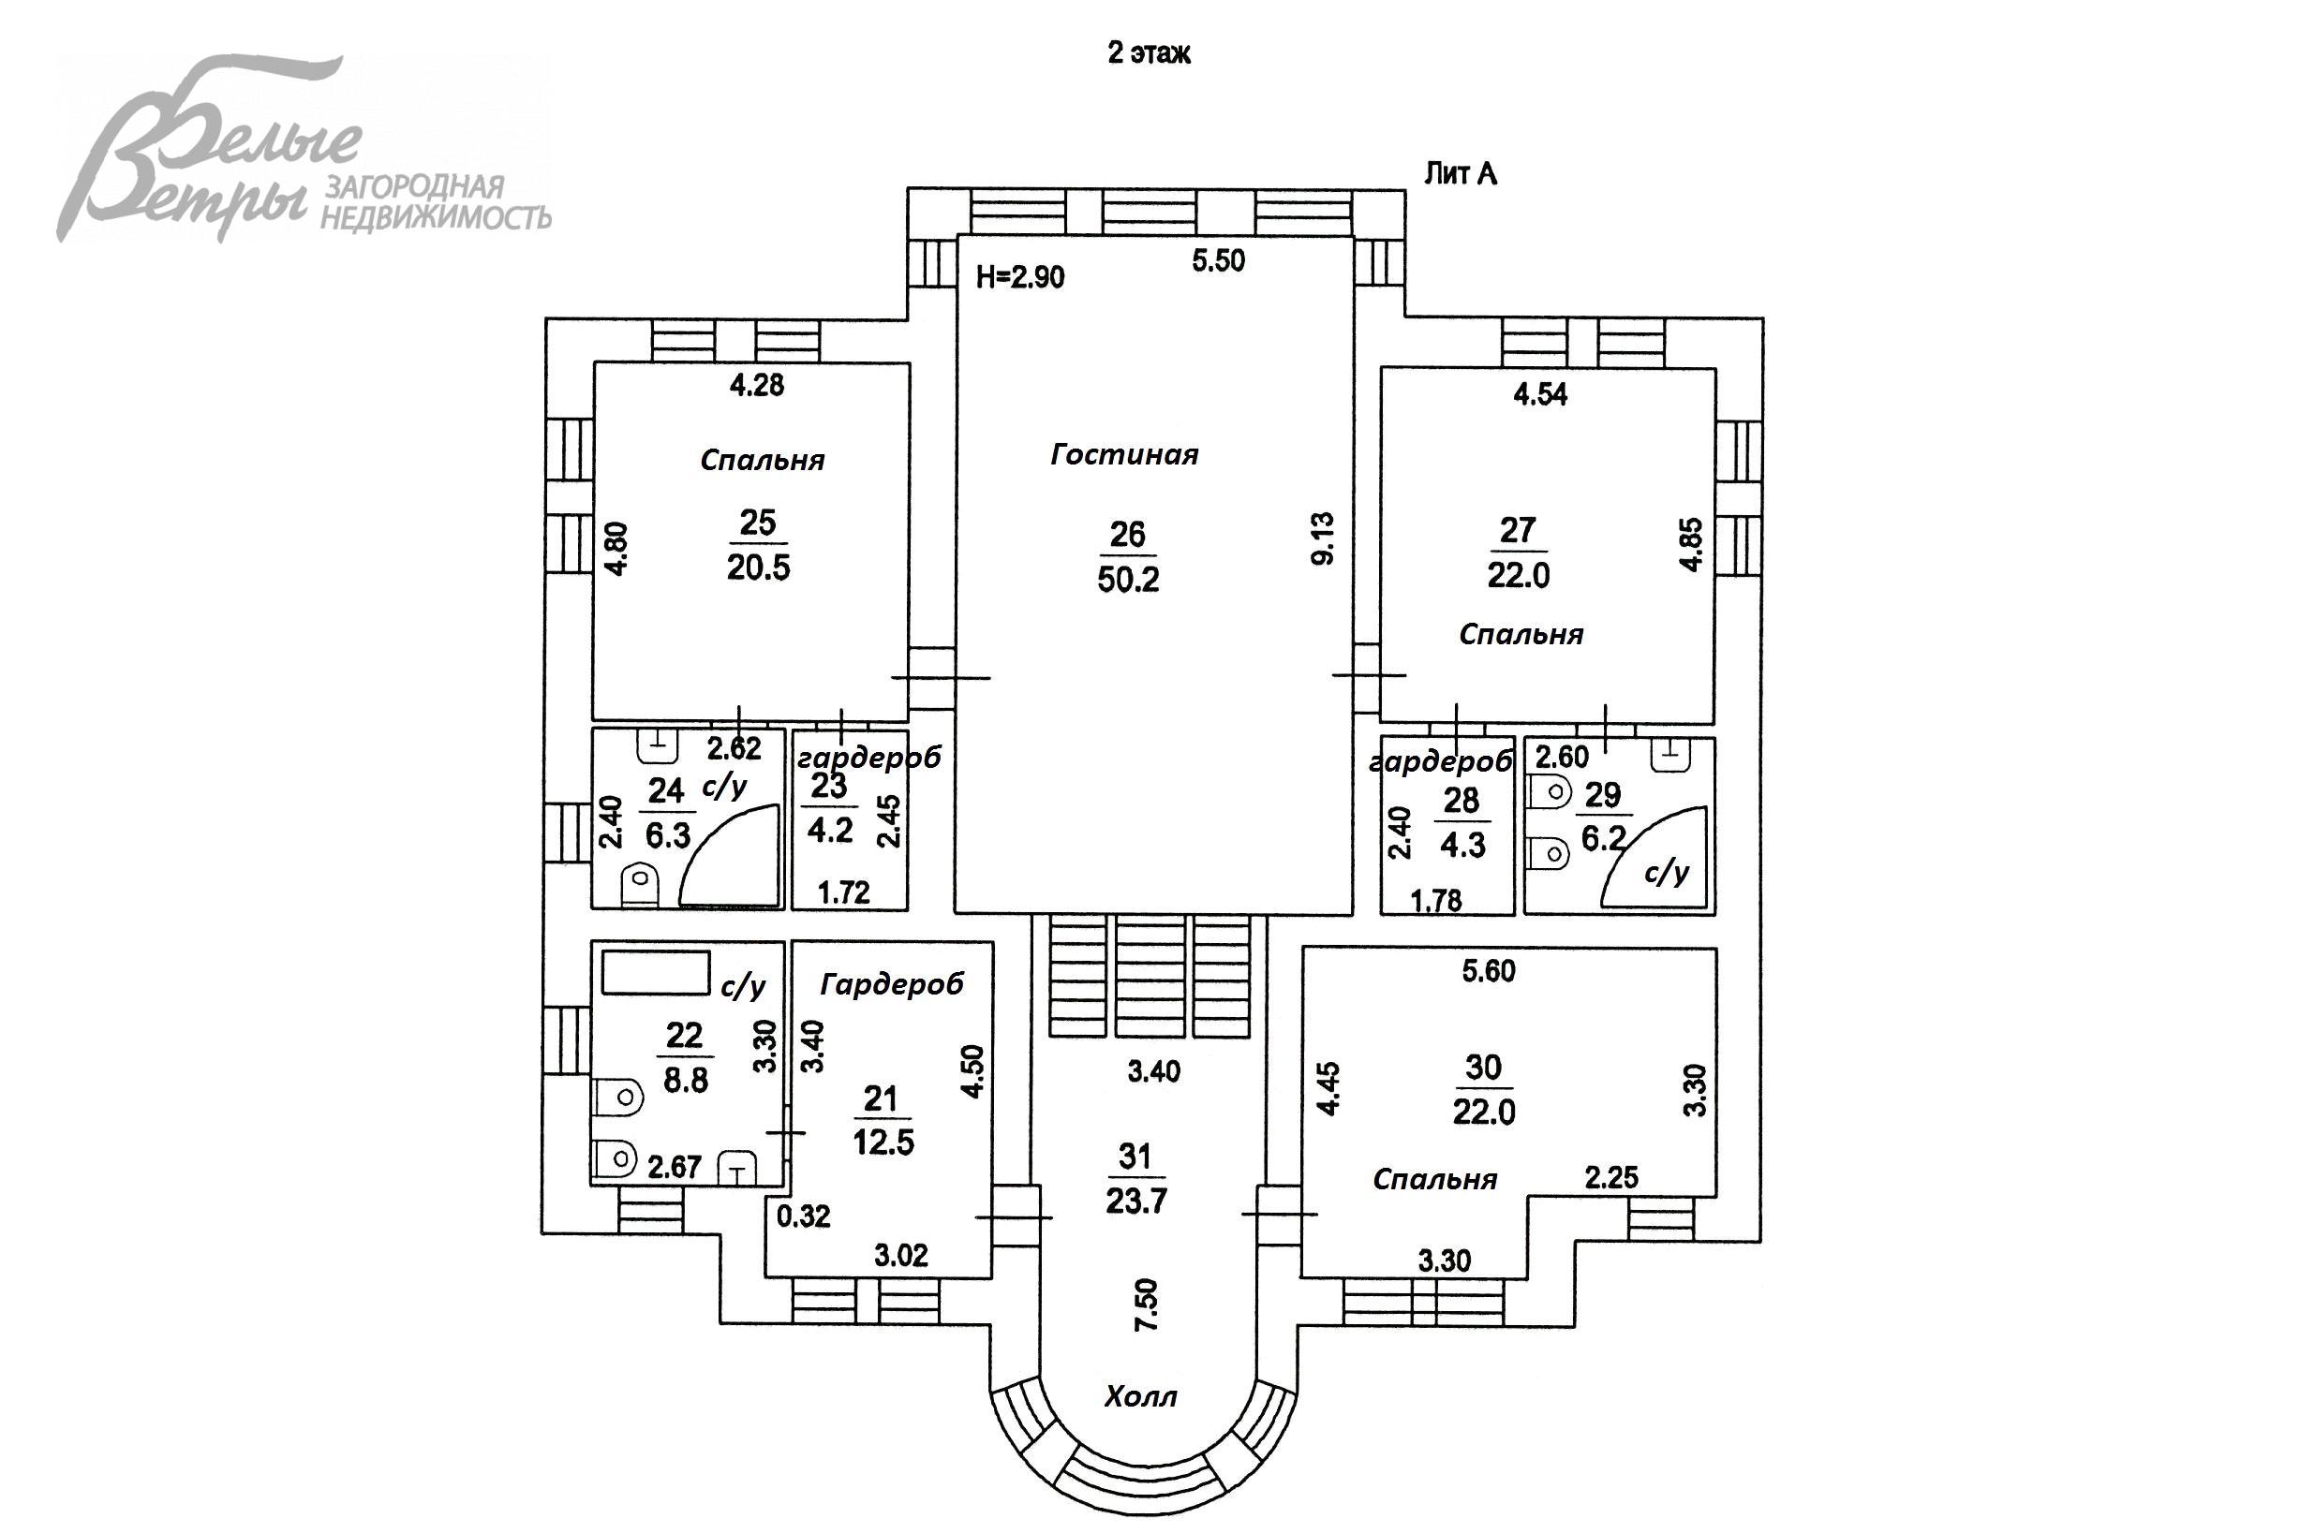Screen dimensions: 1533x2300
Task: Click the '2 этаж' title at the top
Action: pyautogui.click(x=1148, y=52)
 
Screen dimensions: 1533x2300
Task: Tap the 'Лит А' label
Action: pyautogui.click(x=1460, y=174)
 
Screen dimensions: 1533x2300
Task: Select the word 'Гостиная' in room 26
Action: pyautogui.click(x=1124, y=454)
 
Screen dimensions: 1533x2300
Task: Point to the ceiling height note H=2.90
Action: pyautogui.click(x=1020, y=277)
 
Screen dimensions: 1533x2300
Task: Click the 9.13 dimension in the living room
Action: pyautogui.click(x=1323, y=538)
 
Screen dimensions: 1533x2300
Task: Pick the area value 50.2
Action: pyautogui.click(x=1127, y=580)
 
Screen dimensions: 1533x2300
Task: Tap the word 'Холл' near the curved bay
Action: pyautogui.click(x=1140, y=1396)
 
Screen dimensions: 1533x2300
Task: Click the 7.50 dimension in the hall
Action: pyautogui.click(x=1146, y=1304)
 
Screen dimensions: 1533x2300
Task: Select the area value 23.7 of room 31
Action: pyautogui.click(x=1135, y=1201)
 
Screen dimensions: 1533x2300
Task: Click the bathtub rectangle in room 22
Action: pyautogui.click(x=655, y=972)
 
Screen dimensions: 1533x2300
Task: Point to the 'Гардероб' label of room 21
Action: pyautogui.click(x=892, y=984)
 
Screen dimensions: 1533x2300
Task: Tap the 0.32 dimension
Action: pyautogui.click(x=803, y=1216)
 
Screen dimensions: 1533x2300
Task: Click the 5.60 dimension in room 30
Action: pyautogui.click(x=1489, y=971)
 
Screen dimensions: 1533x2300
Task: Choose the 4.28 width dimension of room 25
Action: pyautogui.click(x=757, y=385)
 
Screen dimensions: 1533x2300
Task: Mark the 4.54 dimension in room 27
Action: pyautogui.click(x=1540, y=394)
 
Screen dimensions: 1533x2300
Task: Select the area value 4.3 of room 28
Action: pyautogui.click(x=1463, y=845)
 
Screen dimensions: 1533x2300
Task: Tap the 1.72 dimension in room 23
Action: pyautogui.click(x=843, y=892)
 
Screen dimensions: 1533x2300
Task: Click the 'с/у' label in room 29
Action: pyautogui.click(x=1667, y=872)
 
